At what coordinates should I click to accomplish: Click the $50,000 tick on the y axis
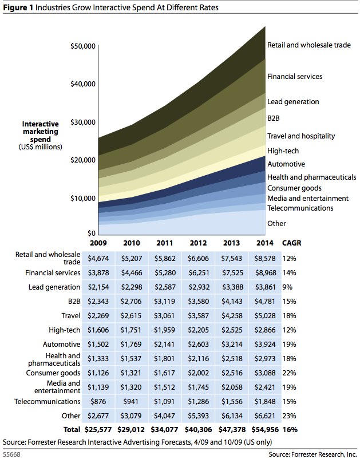point(82,46)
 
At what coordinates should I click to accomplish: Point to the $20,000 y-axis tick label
point(82,160)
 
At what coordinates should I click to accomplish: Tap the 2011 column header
point(164,243)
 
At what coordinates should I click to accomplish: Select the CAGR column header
point(291,243)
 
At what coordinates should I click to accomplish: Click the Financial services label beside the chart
point(295,77)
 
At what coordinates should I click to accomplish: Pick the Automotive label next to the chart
point(286,164)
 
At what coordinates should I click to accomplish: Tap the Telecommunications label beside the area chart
point(300,208)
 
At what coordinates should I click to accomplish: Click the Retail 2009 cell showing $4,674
point(98,259)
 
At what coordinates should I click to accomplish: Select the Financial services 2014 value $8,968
point(266,273)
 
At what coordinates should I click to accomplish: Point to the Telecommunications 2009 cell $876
point(98,402)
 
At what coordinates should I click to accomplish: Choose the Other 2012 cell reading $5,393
point(199,416)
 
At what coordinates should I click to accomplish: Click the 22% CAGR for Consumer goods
point(289,373)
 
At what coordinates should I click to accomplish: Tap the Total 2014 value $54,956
point(265,430)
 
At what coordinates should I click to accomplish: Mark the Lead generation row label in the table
point(54,287)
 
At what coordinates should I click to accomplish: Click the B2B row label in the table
point(74,302)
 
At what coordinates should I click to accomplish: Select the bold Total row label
point(72,430)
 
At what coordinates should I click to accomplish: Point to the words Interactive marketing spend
point(41,132)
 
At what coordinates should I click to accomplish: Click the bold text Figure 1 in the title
point(18,7)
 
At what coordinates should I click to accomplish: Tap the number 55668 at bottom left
point(12,454)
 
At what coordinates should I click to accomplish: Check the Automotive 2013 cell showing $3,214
point(232,345)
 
